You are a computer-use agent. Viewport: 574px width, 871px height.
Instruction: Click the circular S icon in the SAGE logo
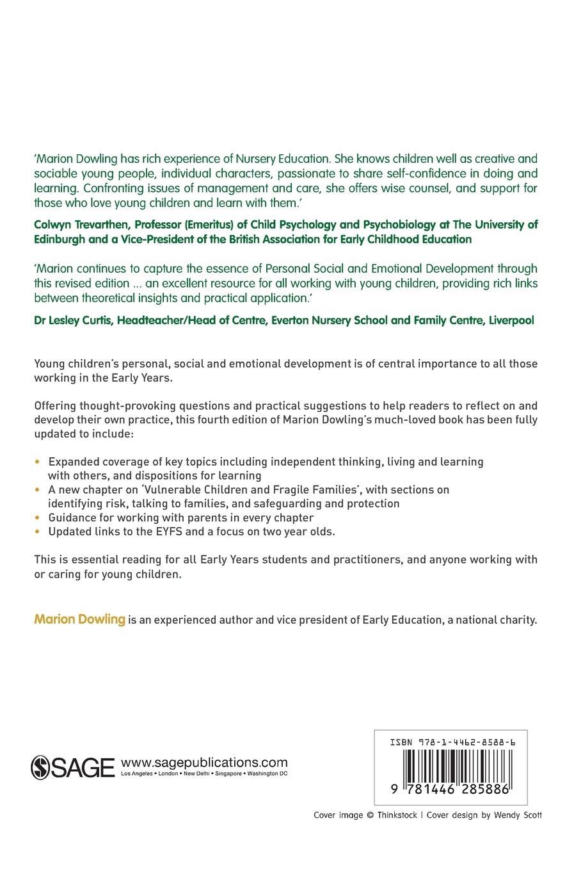(x=40, y=767)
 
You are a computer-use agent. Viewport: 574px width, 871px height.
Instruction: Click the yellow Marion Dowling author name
(x=79, y=619)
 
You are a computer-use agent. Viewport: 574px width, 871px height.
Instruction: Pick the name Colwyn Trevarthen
(x=82, y=224)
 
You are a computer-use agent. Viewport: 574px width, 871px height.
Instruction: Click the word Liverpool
(x=511, y=320)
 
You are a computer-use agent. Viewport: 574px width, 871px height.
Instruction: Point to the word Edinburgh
(x=61, y=239)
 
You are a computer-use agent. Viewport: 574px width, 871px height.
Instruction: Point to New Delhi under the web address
(x=202, y=774)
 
